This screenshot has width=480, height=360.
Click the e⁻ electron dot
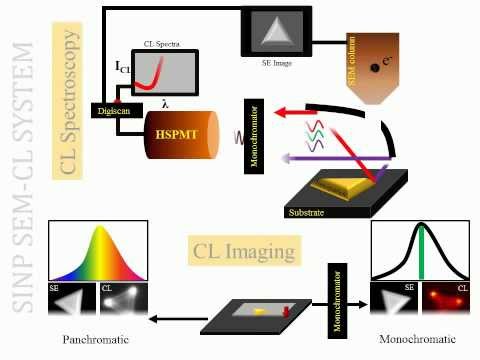[x=371, y=63]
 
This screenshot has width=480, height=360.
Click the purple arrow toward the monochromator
[x=320, y=155]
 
